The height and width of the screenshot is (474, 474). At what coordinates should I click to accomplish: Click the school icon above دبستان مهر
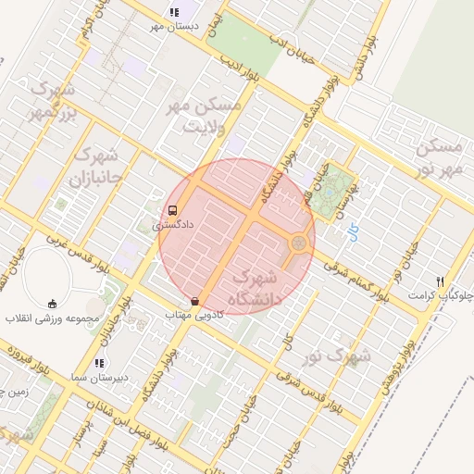tap(172, 12)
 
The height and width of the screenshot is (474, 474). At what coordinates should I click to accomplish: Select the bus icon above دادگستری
tap(173, 210)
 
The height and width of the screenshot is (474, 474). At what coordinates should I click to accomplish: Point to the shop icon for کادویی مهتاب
tap(194, 302)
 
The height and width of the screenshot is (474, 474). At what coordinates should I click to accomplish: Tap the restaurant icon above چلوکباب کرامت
tap(440, 281)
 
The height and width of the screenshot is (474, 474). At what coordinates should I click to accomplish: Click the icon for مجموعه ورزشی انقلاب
tap(53, 304)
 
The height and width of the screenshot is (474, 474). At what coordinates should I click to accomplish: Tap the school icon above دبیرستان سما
tap(98, 363)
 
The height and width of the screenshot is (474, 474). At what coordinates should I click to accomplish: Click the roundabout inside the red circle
tap(299, 244)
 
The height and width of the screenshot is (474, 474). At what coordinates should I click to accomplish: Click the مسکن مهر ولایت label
tap(206, 117)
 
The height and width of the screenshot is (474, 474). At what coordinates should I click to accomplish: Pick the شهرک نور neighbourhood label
tap(340, 355)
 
